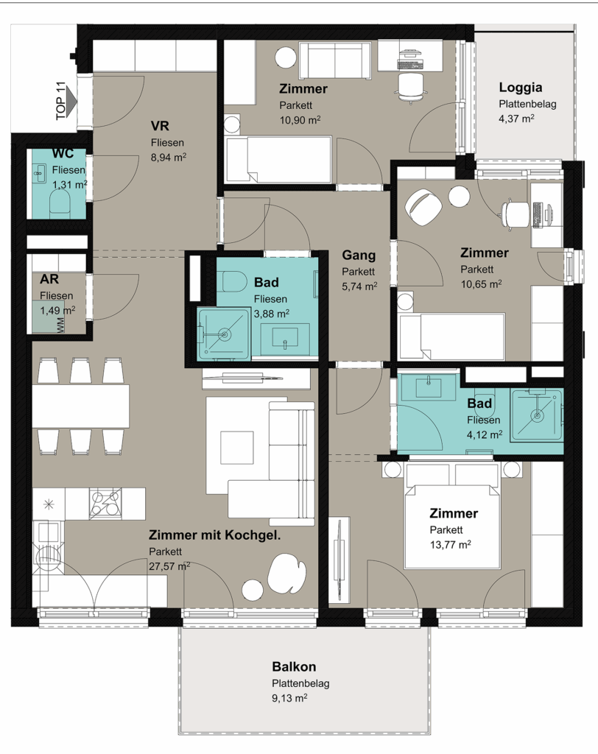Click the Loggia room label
521,88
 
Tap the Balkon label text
294,666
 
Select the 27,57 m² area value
169,566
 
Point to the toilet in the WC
60,203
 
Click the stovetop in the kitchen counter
105,504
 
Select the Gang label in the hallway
359,256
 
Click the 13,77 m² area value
450,545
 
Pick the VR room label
160,126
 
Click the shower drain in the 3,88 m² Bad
225,334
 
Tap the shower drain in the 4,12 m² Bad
536,415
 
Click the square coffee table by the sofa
236,448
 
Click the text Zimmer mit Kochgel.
214,535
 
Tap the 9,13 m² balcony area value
289,698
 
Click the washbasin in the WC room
40,173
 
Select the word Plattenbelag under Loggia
527,104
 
